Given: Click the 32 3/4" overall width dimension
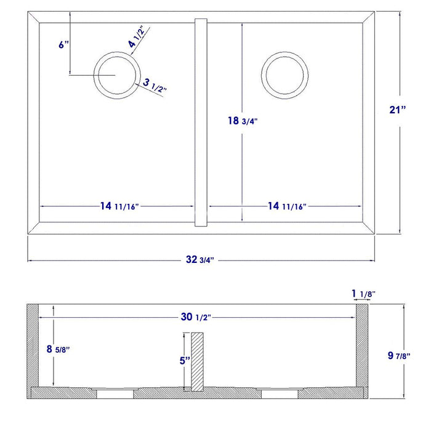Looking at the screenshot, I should pos(200,259).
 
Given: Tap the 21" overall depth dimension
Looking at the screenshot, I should pos(398,110).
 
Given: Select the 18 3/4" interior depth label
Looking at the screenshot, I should pos(242,121).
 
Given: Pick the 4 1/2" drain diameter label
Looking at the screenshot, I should pos(136,38).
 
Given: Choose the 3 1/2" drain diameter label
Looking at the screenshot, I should pos(155,85).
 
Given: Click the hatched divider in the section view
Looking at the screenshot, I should pos(196,362).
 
